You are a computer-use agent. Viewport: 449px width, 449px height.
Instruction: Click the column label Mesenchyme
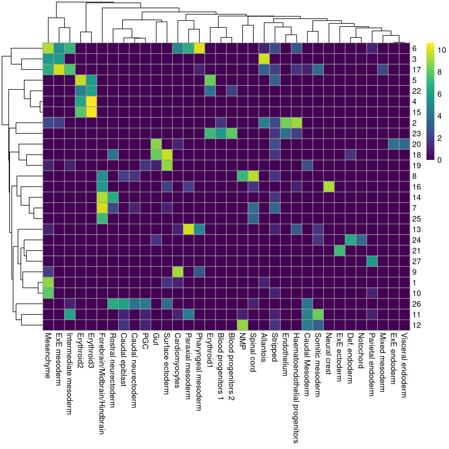pyautogui.click(x=48, y=355)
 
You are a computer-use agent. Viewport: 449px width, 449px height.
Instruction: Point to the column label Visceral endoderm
pyautogui.click(x=404, y=365)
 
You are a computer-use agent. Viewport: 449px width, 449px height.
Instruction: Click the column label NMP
pyautogui.click(x=242, y=341)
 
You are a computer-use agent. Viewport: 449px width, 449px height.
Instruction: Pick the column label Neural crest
pyautogui.click(x=329, y=354)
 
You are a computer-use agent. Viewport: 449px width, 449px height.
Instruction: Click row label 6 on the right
pyautogui.click(x=414, y=49)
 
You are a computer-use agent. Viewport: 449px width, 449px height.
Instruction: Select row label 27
pyautogui.click(x=416, y=261)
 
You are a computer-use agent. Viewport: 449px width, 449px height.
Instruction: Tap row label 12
pyautogui.click(x=416, y=325)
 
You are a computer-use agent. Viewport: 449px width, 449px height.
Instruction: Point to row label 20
pyautogui.click(x=416, y=144)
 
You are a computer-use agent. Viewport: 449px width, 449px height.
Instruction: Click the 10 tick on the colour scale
pyautogui.click(x=441, y=50)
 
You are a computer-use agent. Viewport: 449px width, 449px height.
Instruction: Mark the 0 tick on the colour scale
pyautogui.click(x=439, y=160)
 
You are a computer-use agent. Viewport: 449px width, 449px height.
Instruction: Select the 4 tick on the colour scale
pyautogui.click(x=439, y=116)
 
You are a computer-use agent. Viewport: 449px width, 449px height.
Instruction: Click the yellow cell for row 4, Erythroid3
pyautogui.click(x=91, y=102)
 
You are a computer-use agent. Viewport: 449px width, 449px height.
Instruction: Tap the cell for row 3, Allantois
pyautogui.click(x=264, y=59)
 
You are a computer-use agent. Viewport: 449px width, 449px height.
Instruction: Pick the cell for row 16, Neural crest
pyautogui.click(x=329, y=187)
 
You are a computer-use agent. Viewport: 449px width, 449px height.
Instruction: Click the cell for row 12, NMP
pyautogui.click(x=243, y=325)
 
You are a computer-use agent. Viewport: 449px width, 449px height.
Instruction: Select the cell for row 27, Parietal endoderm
pyautogui.click(x=372, y=261)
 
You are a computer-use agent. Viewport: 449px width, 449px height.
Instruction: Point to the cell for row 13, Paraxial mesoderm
pyautogui.click(x=189, y=229)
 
